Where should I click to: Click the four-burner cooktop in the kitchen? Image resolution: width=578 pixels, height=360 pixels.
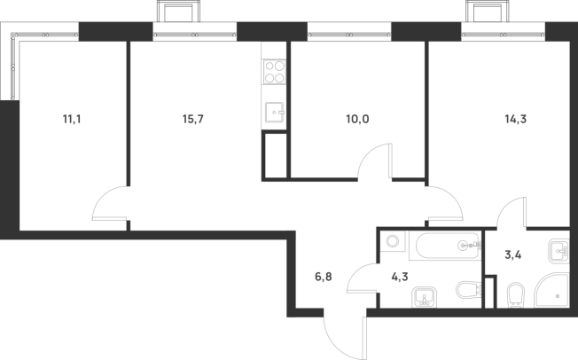point(274,70)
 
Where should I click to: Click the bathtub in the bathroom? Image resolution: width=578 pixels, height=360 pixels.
point(443,246)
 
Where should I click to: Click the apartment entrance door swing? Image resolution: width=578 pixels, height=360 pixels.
point(341,333)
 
